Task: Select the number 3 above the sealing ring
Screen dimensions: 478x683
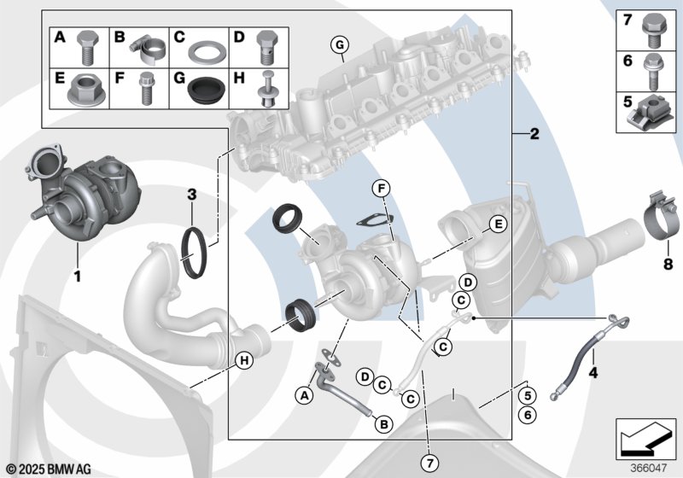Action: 193,195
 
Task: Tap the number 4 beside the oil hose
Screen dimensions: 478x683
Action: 593,373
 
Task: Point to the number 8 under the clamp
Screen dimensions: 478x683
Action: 668,265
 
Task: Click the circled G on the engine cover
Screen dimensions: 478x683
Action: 339,44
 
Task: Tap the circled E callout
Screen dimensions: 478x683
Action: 493,225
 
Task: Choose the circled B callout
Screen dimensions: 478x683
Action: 383,423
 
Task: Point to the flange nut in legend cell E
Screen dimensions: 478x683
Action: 82,92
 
